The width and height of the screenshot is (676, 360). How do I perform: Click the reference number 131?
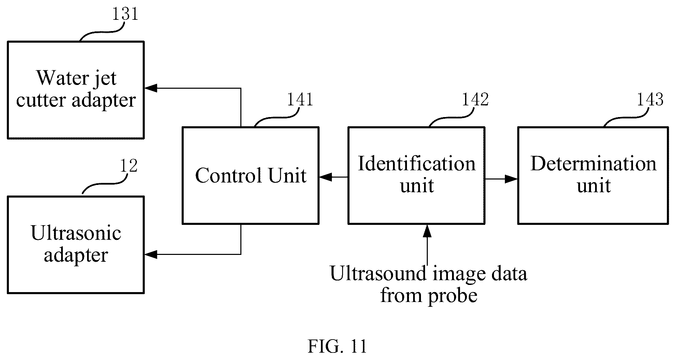(x=125, y=14)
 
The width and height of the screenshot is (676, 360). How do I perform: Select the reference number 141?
(x=300, y=100)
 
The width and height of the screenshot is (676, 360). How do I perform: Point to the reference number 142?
(x=475, y=100)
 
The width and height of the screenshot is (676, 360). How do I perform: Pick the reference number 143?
(x=650, y=100)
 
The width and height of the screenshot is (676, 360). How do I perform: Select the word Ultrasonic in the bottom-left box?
(x=76, y=233)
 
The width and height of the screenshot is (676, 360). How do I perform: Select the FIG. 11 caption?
(x=337, y=347)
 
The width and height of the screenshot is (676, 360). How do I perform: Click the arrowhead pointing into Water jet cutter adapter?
(x=151, y=88)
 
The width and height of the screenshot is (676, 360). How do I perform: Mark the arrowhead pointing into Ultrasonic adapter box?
(x=151, y=254)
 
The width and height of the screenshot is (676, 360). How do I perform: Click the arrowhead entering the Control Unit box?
(x=326, y=177)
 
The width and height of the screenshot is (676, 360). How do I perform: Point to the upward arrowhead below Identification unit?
(x=427, y=231)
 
